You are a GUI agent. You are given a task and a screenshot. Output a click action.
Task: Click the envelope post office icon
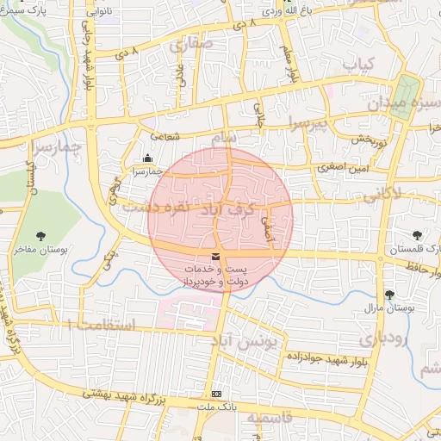pos(214,257)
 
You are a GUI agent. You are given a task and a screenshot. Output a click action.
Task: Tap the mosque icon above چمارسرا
pos(148,158)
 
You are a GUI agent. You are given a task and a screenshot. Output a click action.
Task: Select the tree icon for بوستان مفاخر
pos(40,235)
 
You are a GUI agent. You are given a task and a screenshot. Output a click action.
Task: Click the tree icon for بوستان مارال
pos(389,294)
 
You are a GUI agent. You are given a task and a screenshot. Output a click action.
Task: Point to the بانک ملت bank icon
pos(215,392)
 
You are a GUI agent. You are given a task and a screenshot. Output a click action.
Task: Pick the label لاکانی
pos(383,196)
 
